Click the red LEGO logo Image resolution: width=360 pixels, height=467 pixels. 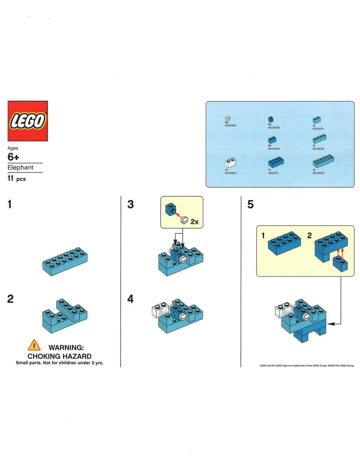27,121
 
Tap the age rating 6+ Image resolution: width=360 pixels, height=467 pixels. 14,157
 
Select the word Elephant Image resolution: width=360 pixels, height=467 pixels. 20,168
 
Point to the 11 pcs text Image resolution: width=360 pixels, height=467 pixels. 17,179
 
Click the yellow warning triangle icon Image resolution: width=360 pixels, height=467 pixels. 34,345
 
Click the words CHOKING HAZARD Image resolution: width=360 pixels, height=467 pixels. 59,356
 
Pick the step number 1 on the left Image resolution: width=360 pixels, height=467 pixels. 10,204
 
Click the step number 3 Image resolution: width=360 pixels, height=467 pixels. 130,204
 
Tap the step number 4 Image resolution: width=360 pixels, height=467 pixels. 130,299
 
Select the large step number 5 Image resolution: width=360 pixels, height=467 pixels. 250,204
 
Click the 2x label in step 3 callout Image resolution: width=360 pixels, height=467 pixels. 194,222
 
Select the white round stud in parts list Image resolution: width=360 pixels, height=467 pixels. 227,118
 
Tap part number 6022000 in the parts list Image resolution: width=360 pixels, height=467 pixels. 318,172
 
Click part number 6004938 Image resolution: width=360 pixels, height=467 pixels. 274,127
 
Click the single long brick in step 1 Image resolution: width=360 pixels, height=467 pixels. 64,261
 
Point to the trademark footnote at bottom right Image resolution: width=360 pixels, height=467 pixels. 307,365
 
